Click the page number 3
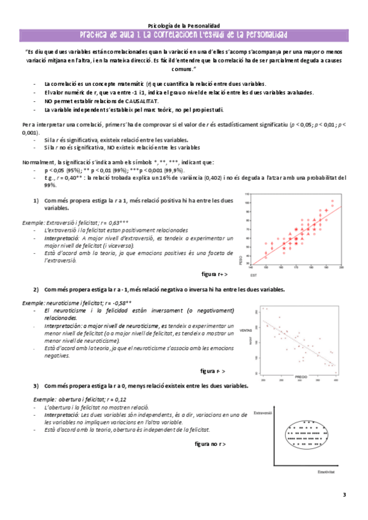point(345,494)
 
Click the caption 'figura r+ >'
point(214,274)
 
